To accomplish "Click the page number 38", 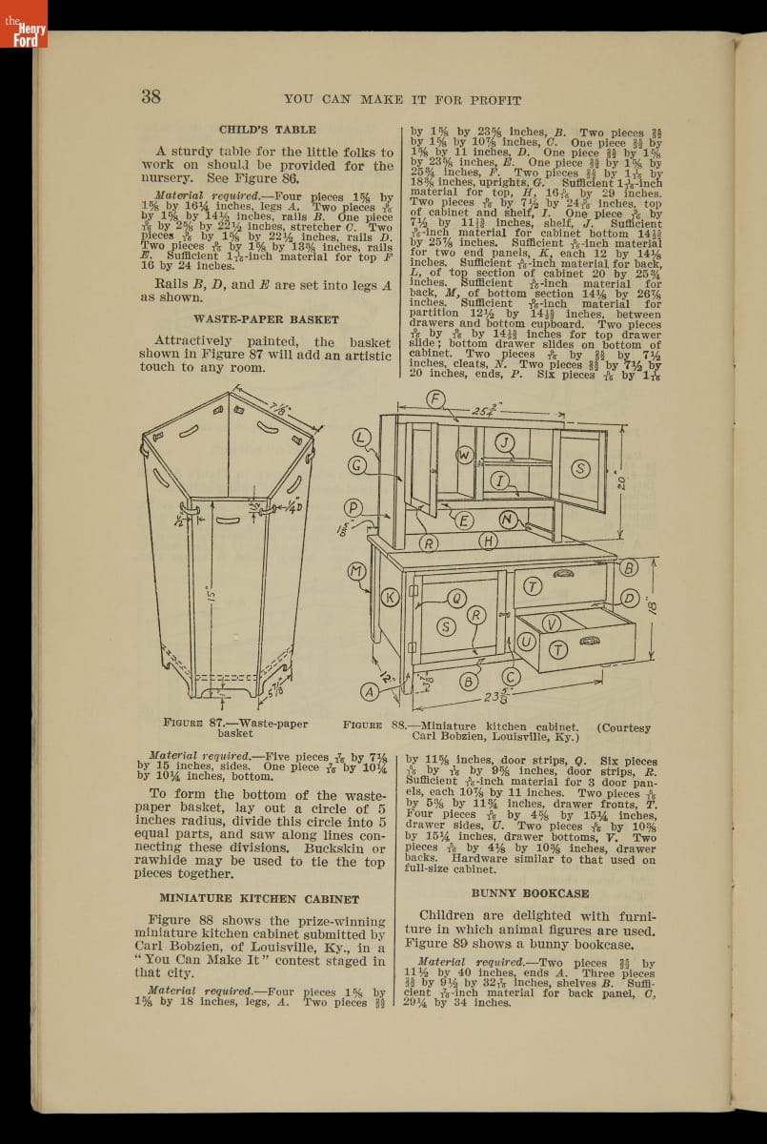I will tap(151, 96).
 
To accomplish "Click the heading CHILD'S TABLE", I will tap(267, 130).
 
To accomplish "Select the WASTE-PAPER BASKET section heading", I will tap(267, 319).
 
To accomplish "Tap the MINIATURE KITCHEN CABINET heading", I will tap(259, 899).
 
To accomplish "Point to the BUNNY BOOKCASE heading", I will tap(530, 893).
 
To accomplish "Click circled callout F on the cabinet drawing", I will tap(435, 398).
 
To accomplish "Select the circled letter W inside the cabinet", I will tap(464, 455).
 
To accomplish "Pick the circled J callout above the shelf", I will tap(506, 440).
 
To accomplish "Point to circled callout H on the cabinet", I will tap(489, 541).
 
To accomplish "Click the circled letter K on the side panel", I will tap(390, 597).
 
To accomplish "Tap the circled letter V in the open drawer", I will tap(551, 623).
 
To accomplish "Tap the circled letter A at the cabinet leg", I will tap(370, 692).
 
